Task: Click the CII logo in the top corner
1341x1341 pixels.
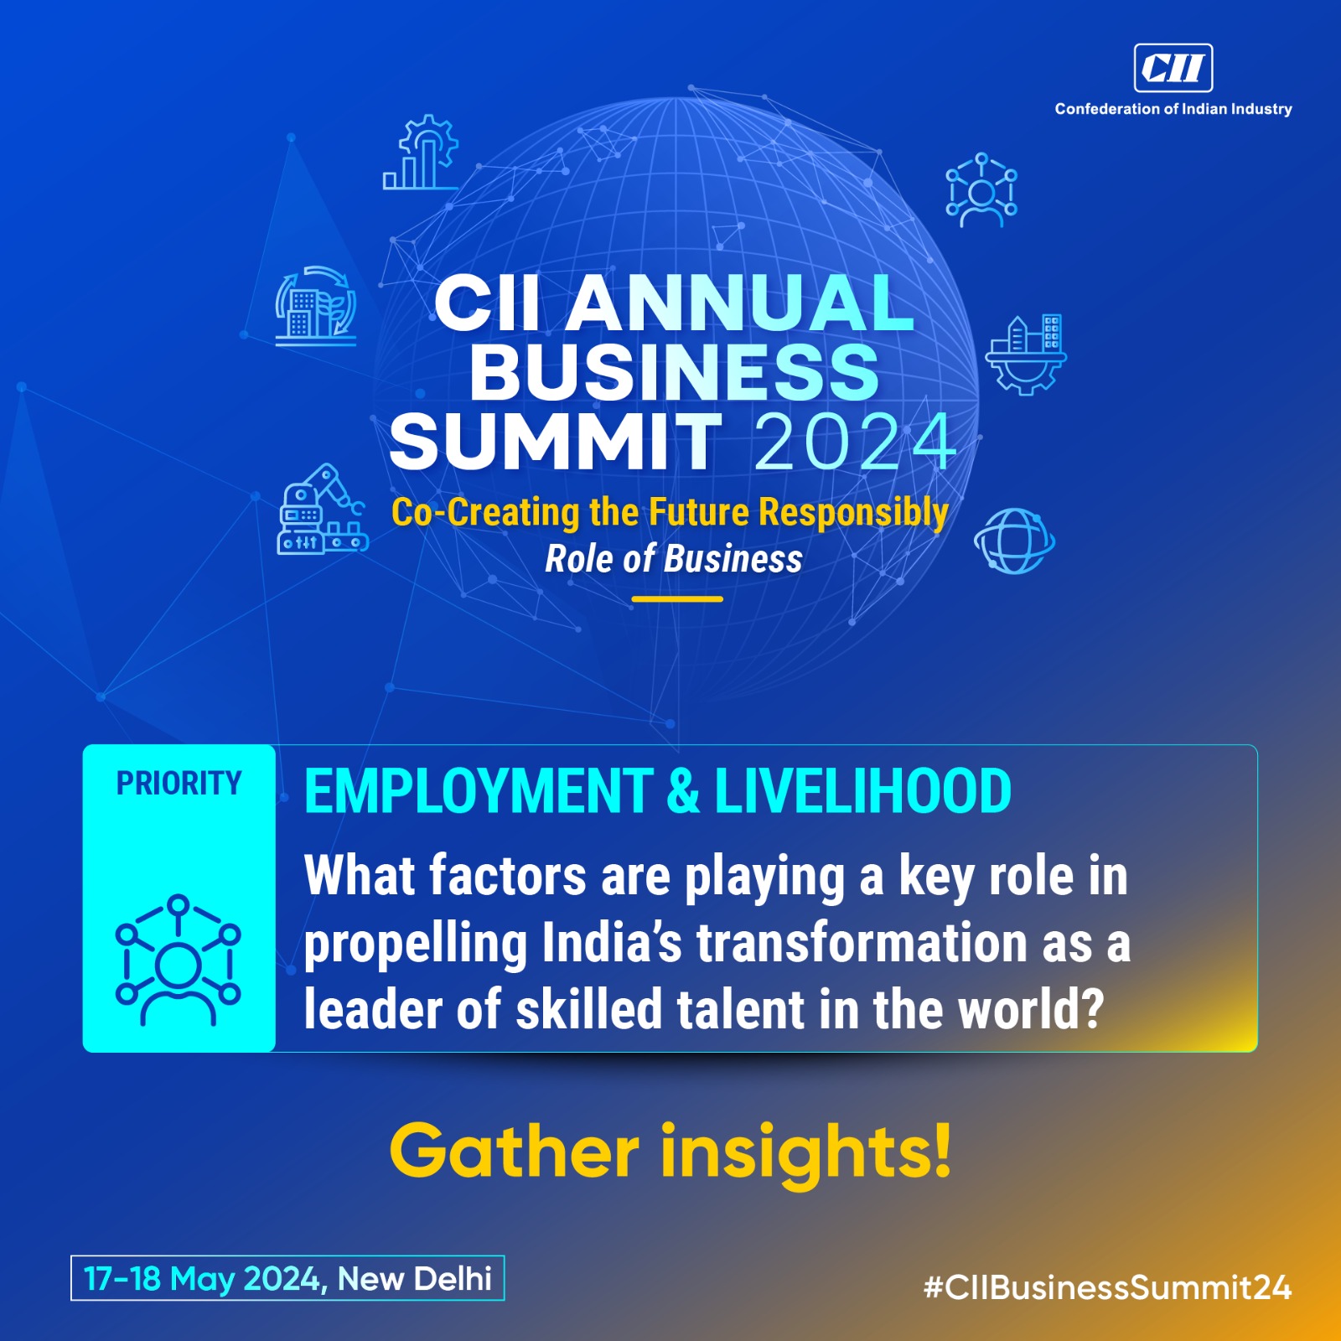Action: pyautogui.click(x=1173, y=67)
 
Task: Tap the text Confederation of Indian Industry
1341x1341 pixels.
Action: pyautogui.click(x=1173, y=109)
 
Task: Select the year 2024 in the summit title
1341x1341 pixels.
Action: pyautogui.click(x=856, y=442)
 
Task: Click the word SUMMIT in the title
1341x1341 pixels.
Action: pyautogui.click(x=556, y=442)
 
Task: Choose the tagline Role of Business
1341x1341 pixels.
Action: pyautogui.click(x=674, y=559)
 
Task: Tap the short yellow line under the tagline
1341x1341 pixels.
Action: pyautogui.click(x=677, y=599)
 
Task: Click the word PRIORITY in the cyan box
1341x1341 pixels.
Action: pyautogui.click(x=179, y=784)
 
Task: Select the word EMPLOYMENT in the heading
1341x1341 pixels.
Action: pyautogui.click(x=479, y=791)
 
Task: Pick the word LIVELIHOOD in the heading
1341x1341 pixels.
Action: pyautogui.click(x=863, y=791)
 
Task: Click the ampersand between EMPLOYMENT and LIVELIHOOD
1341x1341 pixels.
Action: pyautogui.click(x=684, y=791)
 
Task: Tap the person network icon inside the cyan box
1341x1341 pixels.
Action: pyautogui.click(x=178, y=960)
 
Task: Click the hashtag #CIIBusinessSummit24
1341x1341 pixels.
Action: pyautogui.click(x=1107, y=1287)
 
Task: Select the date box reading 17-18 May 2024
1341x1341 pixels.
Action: pyautogui.click(x=287, y=1278)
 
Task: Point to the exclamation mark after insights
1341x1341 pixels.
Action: pyautogui.click(x=941, y=1149)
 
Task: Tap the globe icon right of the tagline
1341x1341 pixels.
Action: pyautogui.click(x=1014, y=541)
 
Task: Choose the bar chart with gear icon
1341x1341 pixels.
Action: pyautogui.click(x=421, y=153)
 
